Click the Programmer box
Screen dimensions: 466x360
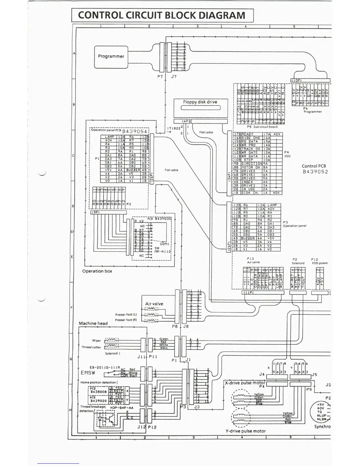pos(111,56)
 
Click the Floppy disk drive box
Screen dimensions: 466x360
pos(200,105)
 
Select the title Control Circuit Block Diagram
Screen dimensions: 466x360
pos(162,15)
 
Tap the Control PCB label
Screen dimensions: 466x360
pos(314,166)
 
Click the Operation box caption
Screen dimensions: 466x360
pos(97,271)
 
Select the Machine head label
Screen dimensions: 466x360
pos(93,323)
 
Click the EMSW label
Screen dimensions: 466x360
pos(88,373)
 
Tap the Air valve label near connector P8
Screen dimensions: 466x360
pos(154,304)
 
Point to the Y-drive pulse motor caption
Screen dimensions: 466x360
pos(246,431)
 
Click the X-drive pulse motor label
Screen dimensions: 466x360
pos(245,383)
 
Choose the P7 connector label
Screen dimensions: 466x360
pos(160,76)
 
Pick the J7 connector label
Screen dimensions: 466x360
pos(174,76)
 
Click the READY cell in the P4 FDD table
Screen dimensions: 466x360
pos(248,134)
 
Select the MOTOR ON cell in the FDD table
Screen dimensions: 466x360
pos(251,167)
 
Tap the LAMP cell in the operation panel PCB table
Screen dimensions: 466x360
pos(109,137)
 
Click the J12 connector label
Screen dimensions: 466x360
pos(141,427)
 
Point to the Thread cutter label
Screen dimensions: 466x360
pos(91,347)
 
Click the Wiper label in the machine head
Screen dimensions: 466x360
pos(96,340)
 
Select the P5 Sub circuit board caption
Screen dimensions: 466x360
pos(262,127)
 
